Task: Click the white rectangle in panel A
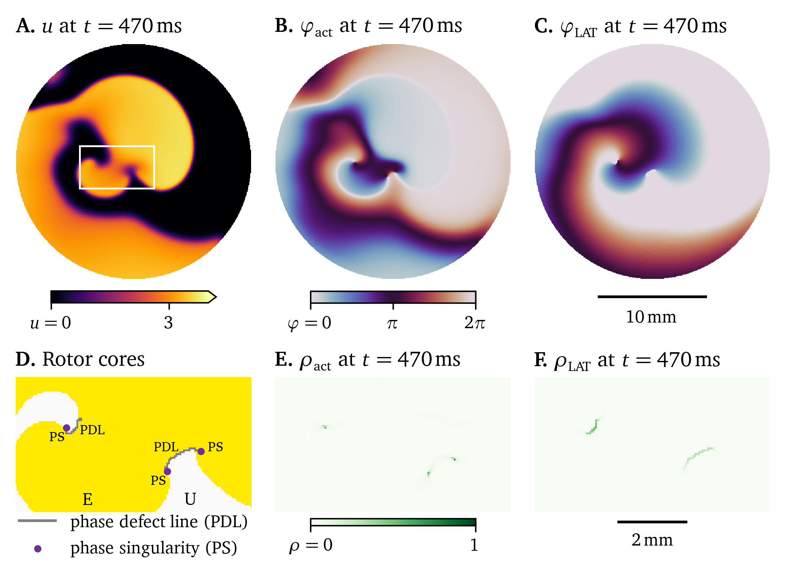[117, 146]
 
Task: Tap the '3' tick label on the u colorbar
[169, 323]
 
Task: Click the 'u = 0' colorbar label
[51, 323]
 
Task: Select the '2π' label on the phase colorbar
[475, 323]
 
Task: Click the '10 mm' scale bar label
[651, 317]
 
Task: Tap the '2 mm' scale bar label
[652, 540]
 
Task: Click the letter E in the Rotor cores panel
[87, 499]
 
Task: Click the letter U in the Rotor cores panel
[190, 499]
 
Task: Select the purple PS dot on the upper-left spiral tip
[66, 428]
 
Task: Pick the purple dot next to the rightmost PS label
[201, 451]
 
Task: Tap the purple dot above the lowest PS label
[167, 471]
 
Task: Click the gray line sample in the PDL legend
[37, 521]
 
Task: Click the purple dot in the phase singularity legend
[38, 549]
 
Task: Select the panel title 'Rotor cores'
[93, 360]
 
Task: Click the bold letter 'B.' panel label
[284, 26]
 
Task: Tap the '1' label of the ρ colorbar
[474, 545]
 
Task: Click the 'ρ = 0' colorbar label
[310, 545]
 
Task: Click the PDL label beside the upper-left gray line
[92, 430]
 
